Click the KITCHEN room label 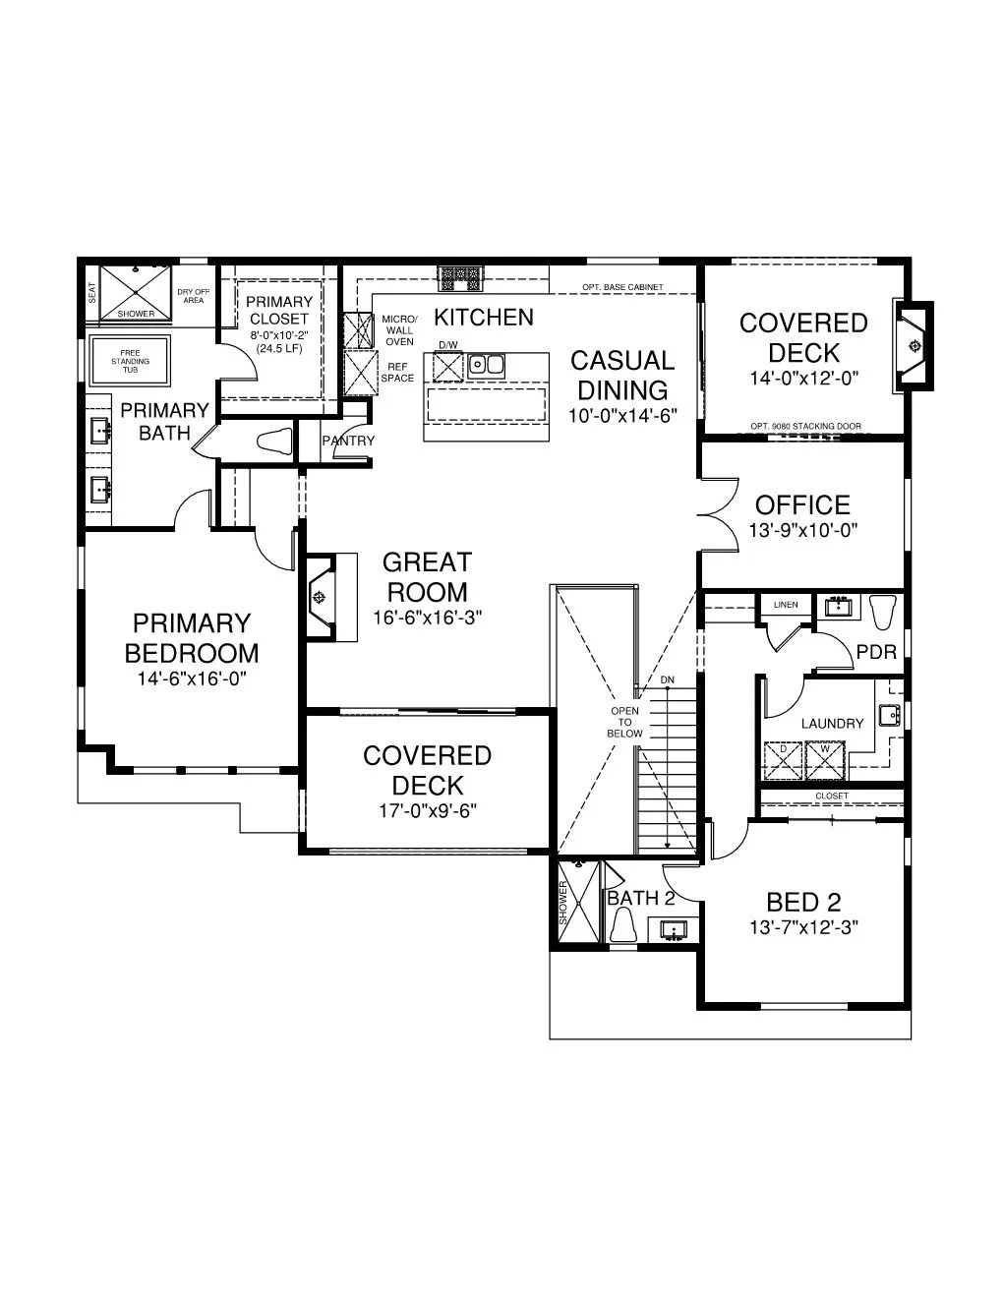pyautogui.click(x=483, y=318)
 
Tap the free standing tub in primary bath pyautogui.click(x=130, y=361)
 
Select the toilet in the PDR pyautogui.click(x=883, y=612)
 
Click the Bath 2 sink pyautogui.click(x=674, y=930)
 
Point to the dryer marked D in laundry pyautogui.click(x=783, y=760)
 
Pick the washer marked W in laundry pyautogui.click(x=825, y=760)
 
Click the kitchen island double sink pyautogui.click(x=486, y=364)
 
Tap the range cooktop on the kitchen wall pyautogui.click(x=460, y=277)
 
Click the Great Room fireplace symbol pyautogui.click(x=321, y=597)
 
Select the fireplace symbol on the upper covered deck pyautogui.click(x=913, y=346)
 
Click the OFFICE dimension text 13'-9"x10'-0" pyautogui.click(x=803, y=530)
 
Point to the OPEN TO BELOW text pyautogui.click(x=624, y=722)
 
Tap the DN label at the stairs pyautogui.click(x=668, y=679)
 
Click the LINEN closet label pyautogui.click(x=786, y=605)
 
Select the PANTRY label pyautogui.click(x=348, y=441)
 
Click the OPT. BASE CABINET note pyautogui.click(x=622, y=287)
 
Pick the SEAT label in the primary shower pyautogui.click(x=92, y=293)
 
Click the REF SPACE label pyautogui.click(x=397, y=372)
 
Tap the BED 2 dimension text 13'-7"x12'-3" pyautogui.click(x=803, y=927)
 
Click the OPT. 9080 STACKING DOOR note pyautogui.click(x=806, y=426)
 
